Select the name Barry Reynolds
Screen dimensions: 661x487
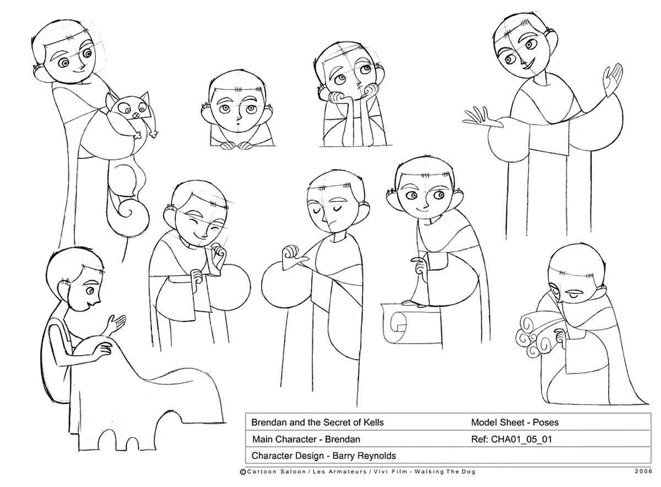coord(364,456)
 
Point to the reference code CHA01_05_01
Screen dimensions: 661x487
coord(522,440)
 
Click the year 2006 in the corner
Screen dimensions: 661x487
coord(643,472)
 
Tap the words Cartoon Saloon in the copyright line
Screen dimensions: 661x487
coord(276,472)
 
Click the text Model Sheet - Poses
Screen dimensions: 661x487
coord(515,422)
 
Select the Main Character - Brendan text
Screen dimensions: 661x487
coord(306,440)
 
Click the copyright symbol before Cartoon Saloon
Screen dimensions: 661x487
coord(243,472)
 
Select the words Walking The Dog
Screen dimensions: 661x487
coord(445,472)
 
